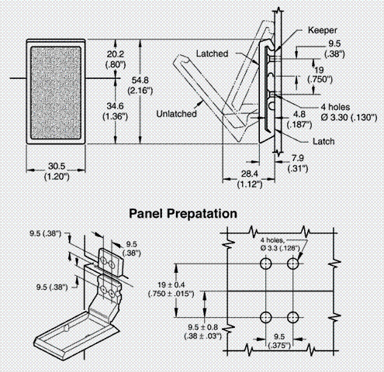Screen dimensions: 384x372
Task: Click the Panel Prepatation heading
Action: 183,214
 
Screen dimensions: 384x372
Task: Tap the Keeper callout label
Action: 322,30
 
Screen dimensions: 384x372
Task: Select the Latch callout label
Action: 323,141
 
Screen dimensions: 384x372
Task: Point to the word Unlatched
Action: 176,114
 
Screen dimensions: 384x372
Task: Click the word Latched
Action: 212,53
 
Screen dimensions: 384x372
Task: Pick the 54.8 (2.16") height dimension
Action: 140,85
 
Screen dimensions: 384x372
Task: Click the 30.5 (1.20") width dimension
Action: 57,171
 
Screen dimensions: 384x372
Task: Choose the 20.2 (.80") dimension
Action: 116,60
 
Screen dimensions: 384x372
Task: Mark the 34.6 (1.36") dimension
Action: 116,112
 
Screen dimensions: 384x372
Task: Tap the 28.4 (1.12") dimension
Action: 250,179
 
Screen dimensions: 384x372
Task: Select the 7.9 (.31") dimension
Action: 298,164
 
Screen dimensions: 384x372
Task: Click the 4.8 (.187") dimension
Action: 299,119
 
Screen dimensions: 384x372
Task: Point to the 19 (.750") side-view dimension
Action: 320,74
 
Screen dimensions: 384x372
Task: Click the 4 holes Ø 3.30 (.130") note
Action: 349,112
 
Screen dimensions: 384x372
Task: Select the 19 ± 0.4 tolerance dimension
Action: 171,289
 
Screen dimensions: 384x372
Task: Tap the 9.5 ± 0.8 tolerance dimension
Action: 203,332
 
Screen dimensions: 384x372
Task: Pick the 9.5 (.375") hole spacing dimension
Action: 279,341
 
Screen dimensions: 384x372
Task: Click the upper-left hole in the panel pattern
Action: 266,264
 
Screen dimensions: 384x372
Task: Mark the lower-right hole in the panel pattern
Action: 292,317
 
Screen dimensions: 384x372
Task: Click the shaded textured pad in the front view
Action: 56,93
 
